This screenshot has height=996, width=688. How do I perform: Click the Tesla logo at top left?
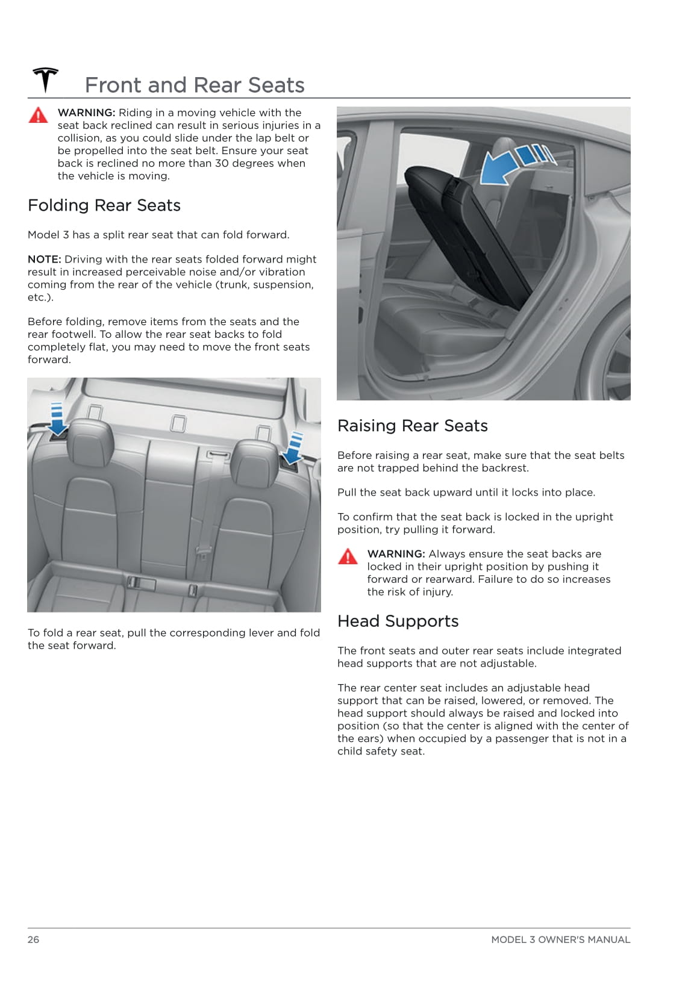tap(45, 80)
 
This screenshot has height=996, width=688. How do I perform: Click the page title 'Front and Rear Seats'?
tap(195, 85)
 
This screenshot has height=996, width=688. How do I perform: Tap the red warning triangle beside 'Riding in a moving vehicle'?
tap(38, 115)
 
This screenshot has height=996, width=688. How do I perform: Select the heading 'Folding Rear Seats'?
tap(104, 205)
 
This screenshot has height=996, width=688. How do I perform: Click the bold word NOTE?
tap(44, 259)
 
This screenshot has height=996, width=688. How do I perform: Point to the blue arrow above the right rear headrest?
tap(294, 449)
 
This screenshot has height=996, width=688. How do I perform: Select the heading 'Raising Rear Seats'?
tap(412, 426)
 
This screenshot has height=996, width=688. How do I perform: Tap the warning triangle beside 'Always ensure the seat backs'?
tap(348, 556)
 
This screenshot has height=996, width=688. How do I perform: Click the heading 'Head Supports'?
tap(398, 621)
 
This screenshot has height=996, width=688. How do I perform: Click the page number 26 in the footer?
tap(33, 939)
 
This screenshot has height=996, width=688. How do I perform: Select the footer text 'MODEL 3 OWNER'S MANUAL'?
tap(560, 939)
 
